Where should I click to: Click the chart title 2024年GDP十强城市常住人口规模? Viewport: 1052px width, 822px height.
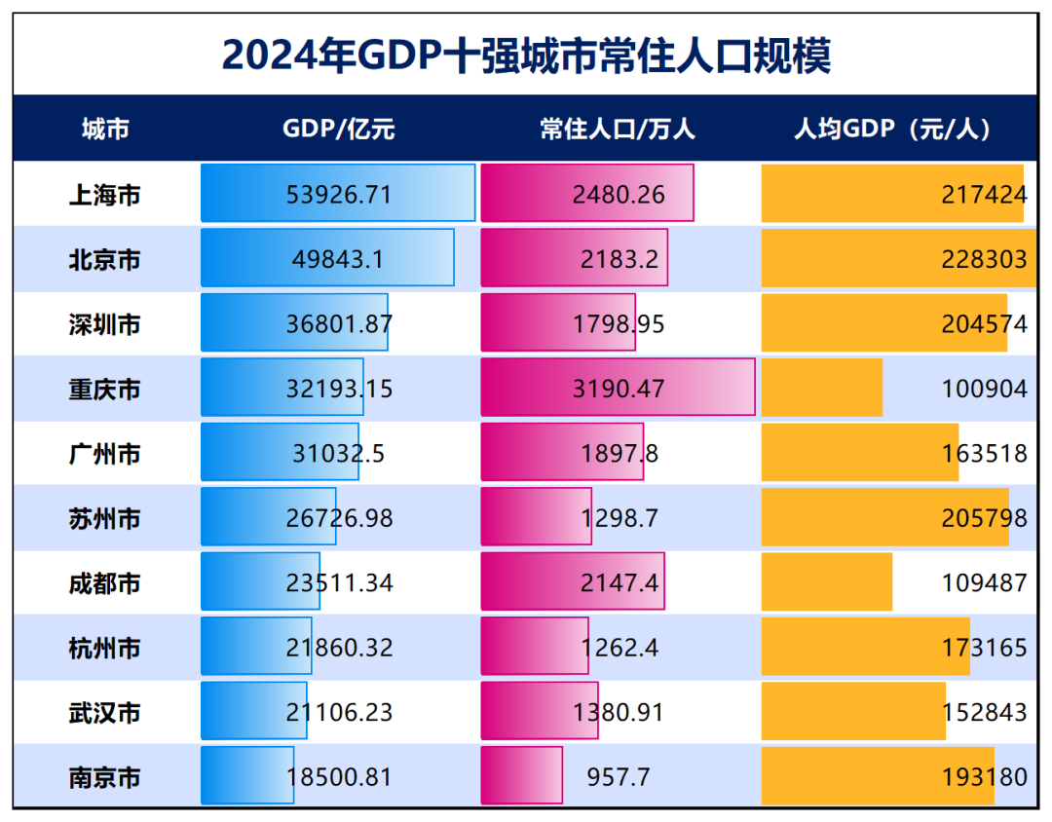(526, 56)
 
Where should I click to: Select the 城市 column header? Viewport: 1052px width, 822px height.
(105, 129)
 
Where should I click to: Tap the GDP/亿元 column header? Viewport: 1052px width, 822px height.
(339, 129)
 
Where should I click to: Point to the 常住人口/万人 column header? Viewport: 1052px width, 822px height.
(618, 129)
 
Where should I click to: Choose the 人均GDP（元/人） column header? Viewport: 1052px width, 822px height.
(892, 129)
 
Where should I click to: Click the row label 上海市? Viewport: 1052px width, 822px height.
(105, 195)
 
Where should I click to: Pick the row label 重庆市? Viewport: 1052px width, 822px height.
(105, 389)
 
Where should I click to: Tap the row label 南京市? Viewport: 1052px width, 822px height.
(105, 777)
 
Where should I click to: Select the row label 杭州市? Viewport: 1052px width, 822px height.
(105, 648)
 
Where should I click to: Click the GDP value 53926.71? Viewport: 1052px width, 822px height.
(339, 195)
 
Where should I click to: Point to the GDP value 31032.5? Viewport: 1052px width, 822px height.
(339, 454)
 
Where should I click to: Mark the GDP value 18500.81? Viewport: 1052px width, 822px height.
(339, 777)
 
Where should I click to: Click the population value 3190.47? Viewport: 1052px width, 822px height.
(619, 389)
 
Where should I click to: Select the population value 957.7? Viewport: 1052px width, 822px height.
(619, 777)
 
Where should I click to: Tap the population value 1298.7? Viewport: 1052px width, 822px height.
(619, 518)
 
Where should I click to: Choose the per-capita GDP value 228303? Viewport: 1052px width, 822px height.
(984, 260)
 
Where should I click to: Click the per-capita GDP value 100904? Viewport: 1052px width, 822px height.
(984, 389)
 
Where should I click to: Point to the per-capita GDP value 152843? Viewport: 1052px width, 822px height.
(984, 712)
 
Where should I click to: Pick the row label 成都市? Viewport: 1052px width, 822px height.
(105, 583)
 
